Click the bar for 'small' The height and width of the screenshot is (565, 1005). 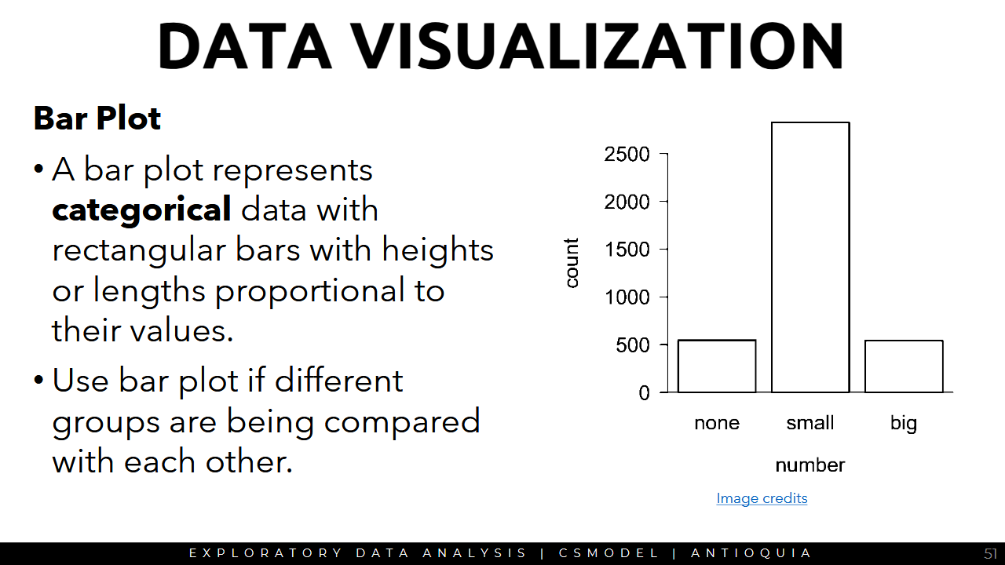coord(810,257)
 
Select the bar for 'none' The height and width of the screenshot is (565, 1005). coord(717,366)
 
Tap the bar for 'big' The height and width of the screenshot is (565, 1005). coord(904,366)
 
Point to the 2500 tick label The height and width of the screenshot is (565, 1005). coord(627,155)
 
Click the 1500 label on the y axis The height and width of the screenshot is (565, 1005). coord(627,250)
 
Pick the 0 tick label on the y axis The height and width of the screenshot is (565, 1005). coord(644,393)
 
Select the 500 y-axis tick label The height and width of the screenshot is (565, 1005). coord(632,345)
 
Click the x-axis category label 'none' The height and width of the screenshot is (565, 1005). coord(717,423)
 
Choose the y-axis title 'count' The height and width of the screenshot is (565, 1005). coord(571,263)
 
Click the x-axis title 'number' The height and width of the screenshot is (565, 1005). coord(809,465)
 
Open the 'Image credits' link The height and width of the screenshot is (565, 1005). coord(762,498)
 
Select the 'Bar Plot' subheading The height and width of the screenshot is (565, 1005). coord(97,118)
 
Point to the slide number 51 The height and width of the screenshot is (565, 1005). coord(991,553)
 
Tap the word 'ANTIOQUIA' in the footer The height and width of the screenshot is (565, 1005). coord(751,553)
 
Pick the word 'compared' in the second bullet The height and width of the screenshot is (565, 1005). coord(402,422)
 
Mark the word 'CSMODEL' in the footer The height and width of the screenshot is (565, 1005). coord(608,553)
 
